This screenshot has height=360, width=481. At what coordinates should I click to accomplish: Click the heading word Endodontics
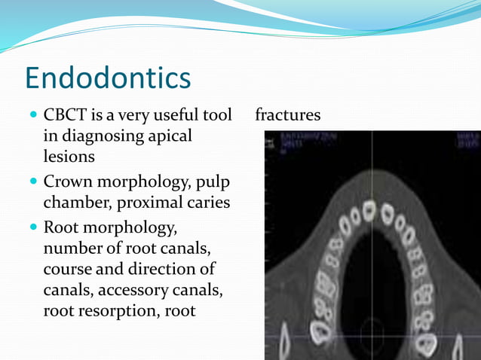point(108,78)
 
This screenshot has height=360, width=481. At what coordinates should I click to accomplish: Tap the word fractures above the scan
point(288,115)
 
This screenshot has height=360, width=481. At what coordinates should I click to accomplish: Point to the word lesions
point(69,157)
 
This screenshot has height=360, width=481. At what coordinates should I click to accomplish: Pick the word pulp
point(215,182)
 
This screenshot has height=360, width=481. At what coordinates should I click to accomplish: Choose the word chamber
point(74,203)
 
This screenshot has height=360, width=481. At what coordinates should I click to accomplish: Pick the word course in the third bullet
point(66,269)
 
